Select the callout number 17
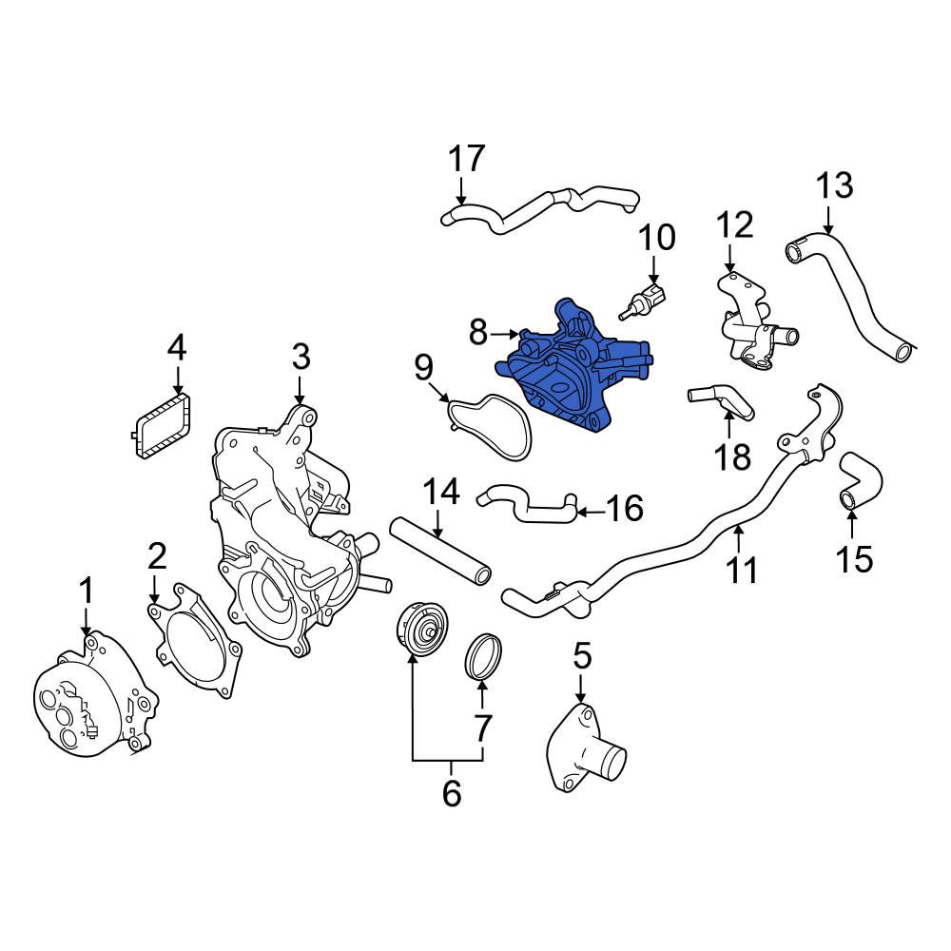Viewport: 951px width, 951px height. click(x=467, y=159)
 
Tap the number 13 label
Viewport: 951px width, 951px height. click(x=834, y=185)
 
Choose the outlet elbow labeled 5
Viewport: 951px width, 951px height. click(x=584, y=751)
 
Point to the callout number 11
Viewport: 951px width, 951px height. click(x=742, y=571)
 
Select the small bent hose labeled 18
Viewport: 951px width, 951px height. click(x=723, y=401)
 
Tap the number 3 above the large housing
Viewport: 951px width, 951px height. click(x=301, y=358)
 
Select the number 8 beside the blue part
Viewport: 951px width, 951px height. click(x=478, y=332)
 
